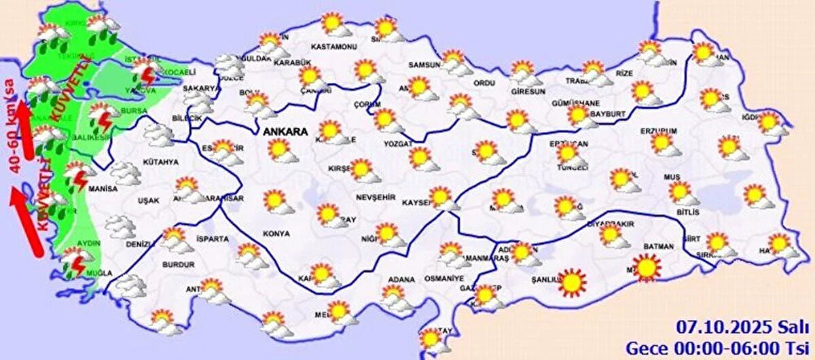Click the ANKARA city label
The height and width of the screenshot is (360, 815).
(x=285, y=131)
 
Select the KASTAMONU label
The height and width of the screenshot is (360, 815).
(x=333, y=46)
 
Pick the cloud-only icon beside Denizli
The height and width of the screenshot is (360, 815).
(x=121, y=226)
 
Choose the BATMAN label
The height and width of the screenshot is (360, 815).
(x=657, y=246)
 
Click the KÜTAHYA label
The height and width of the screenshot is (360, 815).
(x=161, y=162)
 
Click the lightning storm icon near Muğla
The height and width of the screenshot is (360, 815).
(x=73, y=262)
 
